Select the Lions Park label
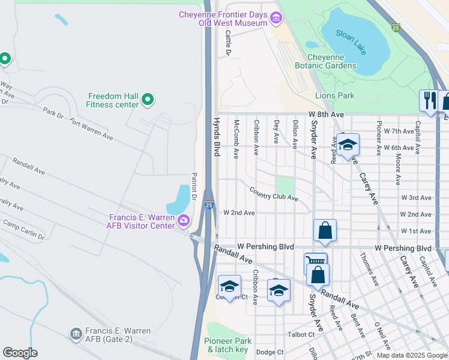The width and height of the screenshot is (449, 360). [334, 95]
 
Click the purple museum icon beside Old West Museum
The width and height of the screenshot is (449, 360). [276, 19]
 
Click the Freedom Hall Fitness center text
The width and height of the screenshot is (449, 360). [113, 100]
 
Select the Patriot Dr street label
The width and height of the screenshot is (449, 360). [194, 186]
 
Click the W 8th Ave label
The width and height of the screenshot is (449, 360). [327, 113]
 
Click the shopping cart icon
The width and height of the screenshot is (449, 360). [314, 262]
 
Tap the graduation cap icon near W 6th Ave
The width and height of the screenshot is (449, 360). [347, 145]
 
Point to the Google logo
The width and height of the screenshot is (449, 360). [20, 352]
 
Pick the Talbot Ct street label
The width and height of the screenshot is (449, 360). [303, 334]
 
